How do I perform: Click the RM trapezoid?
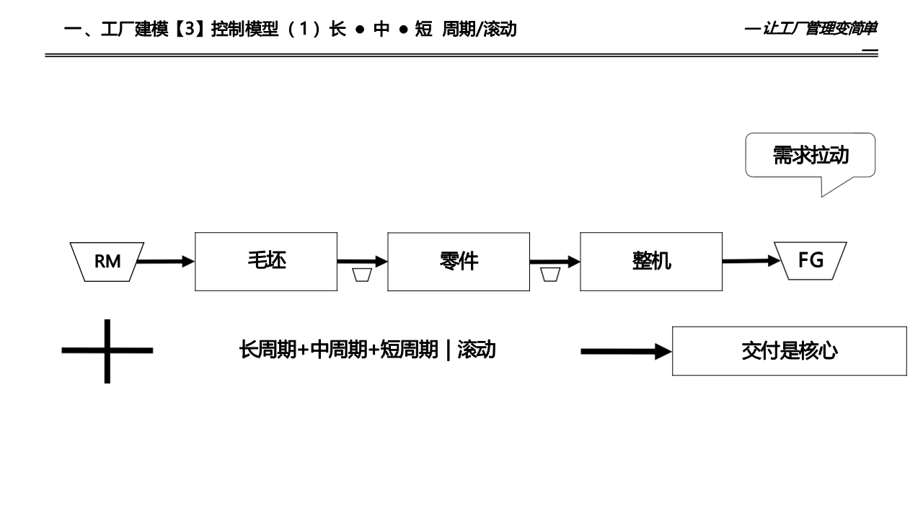pyautogui.click(x=107, y=261)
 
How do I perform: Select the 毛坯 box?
pyautogui.click(x=266, y=261)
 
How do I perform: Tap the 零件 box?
pyautogui.click(x=459, y=261)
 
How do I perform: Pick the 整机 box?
pyautogui.click(x=651, y=261)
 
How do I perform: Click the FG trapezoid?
pyautogui.click(x=811, y=260)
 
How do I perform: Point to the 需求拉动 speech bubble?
pyautogui.click(x=811, y=156)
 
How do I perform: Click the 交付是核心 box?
pyautogui.click(x=789, y=351)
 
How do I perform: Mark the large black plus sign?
pyautogui.click(x=107, y=351)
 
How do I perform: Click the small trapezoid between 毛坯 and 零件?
pyautogui.click(x=362, y=275)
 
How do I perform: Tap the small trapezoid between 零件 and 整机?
pyautogui.click(x=550, y=275)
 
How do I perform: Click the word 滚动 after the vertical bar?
pyautogui.click(x=476, y=351)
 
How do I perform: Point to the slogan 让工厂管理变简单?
pyautogui.click(x=819, y=30)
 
